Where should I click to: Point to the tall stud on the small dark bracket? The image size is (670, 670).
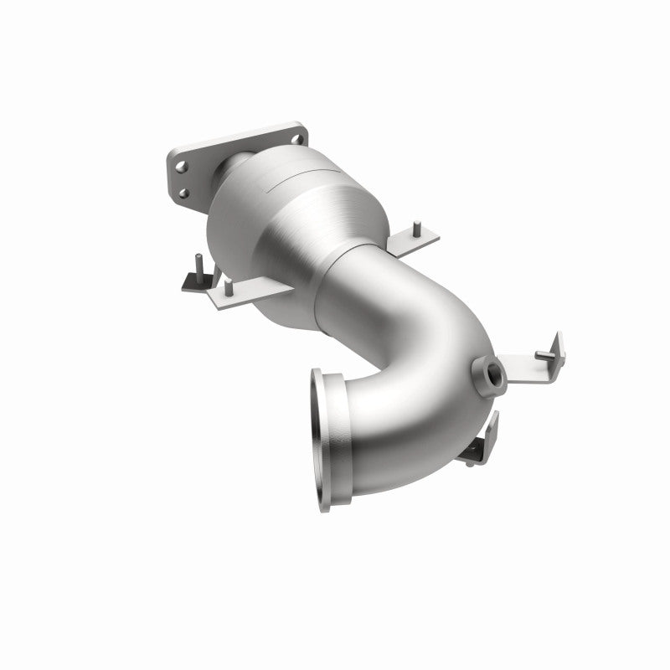pyautogui.click(x=195, y=267)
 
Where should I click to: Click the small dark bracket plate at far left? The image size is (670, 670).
pyautogui.click(x=194, y=282)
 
